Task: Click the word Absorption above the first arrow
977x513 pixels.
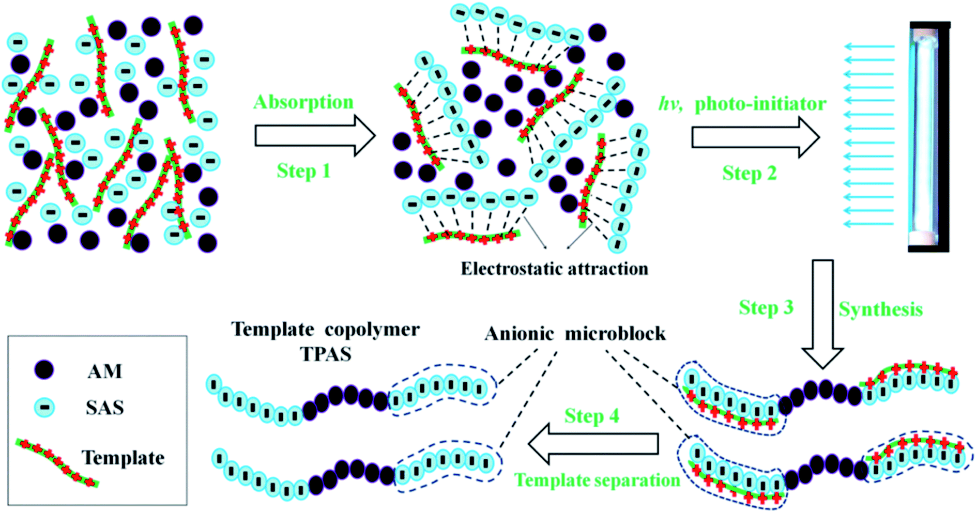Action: (x=303, y=102)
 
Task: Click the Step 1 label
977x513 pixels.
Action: (x=303, y=171)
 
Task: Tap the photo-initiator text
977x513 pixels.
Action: (x=760, y=104)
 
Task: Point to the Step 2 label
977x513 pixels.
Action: (x=749, y=173)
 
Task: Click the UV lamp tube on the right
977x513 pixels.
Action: (x=928, y=137)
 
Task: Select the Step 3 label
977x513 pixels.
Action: (x=766, y=307)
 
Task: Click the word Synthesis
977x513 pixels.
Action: (x=880, y=309)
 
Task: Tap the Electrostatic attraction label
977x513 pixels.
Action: (x=554, y=269)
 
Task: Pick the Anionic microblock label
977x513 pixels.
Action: (x=575, y=334)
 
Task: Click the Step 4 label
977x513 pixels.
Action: (x=591, y=416)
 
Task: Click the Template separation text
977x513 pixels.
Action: (x=597, y=480)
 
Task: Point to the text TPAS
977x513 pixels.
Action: (x=326, y=354)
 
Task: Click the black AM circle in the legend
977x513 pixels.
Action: (x=44, y=370)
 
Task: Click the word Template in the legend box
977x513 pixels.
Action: (x=123, y=458)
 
